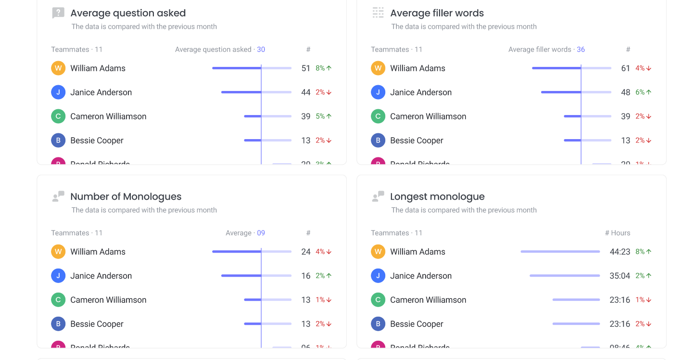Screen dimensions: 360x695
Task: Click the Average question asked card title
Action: click(x=128, y=13)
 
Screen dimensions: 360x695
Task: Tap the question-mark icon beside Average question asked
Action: click(x=58, y=13)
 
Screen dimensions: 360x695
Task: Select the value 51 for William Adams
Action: click(x=305, y=68)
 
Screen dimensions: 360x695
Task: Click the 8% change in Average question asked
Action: click(x=323, y=68)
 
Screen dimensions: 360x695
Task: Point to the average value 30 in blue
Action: click(x=261, y=50)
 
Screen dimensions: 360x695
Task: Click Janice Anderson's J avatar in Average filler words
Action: click(x=378, y=92)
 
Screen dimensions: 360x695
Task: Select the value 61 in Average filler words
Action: click(x=625, y=68)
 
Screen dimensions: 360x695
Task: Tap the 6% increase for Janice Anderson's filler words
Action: click(x=643, y=92)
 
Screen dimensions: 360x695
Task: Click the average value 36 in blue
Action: click(x=581, y=50)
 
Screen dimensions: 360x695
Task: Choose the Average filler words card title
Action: click(x=437, y=13)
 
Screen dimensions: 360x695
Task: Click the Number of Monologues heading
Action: click(x=126, y=196)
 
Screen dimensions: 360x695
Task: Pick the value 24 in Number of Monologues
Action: click(x=305, y=252)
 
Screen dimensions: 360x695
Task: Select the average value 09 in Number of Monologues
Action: click(x=261, y=233)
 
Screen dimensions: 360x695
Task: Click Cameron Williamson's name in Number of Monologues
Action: click(x=108, y=300)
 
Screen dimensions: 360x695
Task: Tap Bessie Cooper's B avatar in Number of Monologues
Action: click(x=58, y=324)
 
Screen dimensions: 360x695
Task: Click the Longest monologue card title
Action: click(x=437, y=196)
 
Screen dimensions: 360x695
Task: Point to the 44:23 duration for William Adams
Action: click(x=619, y=252)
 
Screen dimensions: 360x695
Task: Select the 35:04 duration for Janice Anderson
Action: click(x=619, y=276)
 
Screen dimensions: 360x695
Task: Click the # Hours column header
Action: click(x=617, y=233)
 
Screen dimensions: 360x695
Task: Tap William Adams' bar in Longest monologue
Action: click(x=560, y=251)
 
